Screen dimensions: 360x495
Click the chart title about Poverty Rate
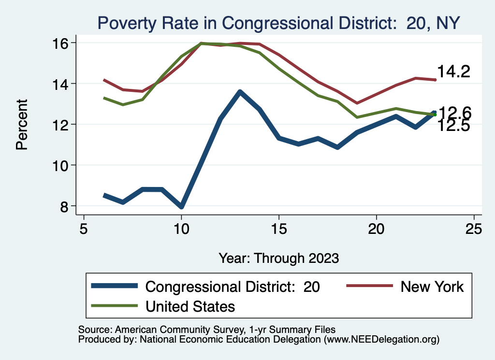[x=278, y=22]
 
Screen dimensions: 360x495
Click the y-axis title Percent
[x=22, y=124]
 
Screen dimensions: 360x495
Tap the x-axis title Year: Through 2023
[x=278, y=258]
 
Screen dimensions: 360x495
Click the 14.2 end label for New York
[x=453, y=72]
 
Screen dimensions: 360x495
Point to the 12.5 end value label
[x=453, y=126]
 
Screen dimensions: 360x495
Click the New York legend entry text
[x=432, y=287]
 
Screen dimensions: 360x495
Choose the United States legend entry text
[x=190, y=306]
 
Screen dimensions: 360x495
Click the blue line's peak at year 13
[x=240, y=92]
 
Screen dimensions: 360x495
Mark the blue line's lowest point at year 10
[x=181, y=206]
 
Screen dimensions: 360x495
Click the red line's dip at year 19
[x=357, y=103]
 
